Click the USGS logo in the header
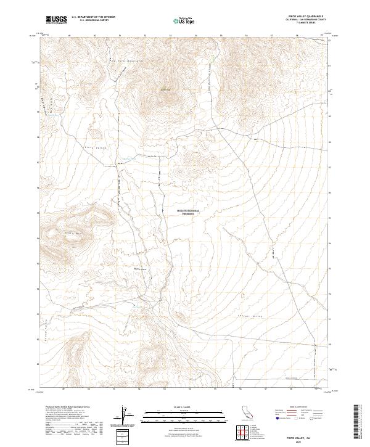click(56, 20)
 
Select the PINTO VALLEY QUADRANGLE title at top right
click(306, 16)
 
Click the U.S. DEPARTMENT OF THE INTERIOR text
click(93, 17)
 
